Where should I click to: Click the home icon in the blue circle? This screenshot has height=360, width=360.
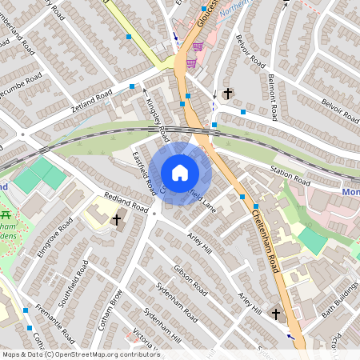[180, 173]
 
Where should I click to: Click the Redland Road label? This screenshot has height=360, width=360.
[127, 203]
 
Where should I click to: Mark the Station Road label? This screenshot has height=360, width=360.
[290, 171]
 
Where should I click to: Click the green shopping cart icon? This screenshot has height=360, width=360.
[197, 47]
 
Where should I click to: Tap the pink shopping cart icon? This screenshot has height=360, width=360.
[191, 63]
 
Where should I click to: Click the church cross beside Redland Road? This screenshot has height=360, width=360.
[117, 219]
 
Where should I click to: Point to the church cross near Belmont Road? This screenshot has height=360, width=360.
[227, 94]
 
